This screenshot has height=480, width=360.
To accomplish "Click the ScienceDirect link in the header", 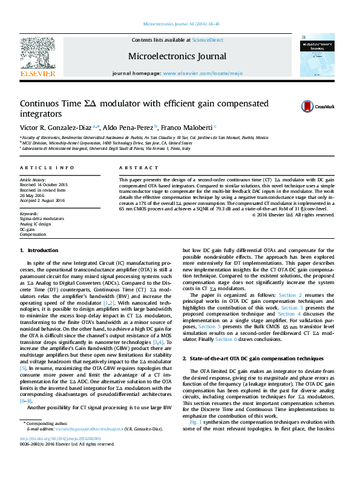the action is [x=208, y=40].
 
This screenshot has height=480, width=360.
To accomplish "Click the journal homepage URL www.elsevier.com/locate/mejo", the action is [x=203, y=73].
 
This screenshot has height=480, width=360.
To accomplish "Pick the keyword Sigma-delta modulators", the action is [x=41, y=219].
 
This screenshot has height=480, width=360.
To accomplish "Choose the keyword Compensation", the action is [x=33, y=233].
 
